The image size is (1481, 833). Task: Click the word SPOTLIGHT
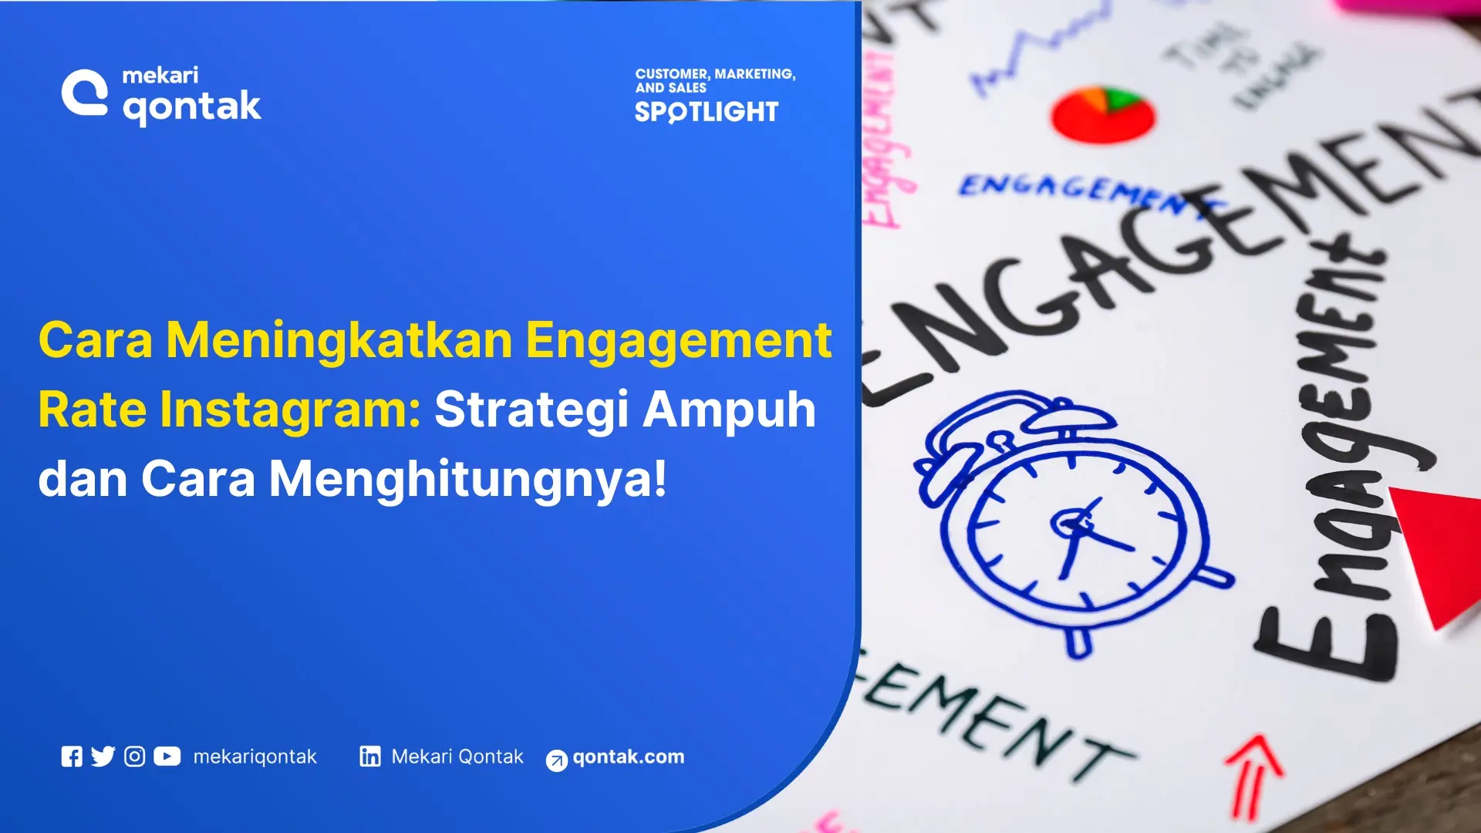pos(706,112)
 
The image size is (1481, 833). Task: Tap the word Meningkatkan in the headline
pos(339,340)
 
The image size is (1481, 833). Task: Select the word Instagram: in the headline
pos(229,409)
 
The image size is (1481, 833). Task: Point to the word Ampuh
pos(729,409)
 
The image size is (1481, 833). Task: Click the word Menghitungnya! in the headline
pos(467,478)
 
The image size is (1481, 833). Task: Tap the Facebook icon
pos(72,757)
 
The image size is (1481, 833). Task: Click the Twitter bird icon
pos(103,757)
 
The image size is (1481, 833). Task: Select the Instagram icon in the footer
pos(134,757)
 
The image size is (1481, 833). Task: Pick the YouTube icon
pos(167,757)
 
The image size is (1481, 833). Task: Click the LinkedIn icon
pos(369,757)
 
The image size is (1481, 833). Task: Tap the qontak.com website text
pos(628,757)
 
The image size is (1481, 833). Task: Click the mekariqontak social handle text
pos(255,757)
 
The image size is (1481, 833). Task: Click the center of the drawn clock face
pos(1076,528)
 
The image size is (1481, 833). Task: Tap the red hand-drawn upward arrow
pos(1253,775)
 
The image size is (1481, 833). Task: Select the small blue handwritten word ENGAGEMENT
pos(1088,193)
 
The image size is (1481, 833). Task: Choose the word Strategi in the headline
pos(531,409)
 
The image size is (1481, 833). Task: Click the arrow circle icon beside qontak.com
pos(556,760)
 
